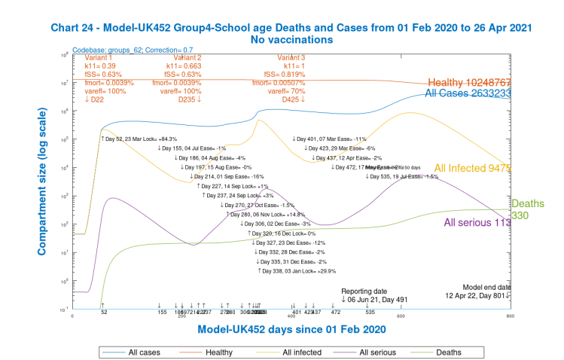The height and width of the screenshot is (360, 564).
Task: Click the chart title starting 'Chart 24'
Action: (x=292, y=27)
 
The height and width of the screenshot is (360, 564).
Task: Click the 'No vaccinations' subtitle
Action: (x=292, y=39)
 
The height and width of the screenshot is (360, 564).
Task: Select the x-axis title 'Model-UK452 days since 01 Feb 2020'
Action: (x=292, y=330)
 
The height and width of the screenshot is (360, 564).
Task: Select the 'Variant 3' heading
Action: (x=291, y=57)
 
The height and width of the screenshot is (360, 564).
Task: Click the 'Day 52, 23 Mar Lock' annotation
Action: (x=139, y=139)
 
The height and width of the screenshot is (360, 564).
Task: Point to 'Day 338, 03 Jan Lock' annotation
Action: (x=297, y=270)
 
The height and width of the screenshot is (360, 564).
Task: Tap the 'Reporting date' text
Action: (x=364, y=291)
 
